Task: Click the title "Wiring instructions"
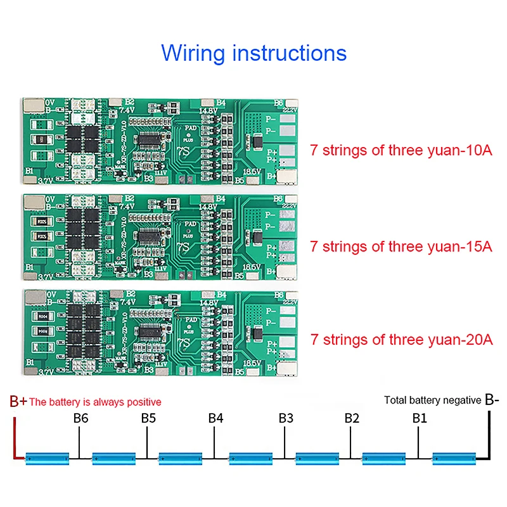pos(253,52)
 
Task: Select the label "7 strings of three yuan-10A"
pos(401,151)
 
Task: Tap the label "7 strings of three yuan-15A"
pos(401,246)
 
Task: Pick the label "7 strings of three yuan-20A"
pos(401,340)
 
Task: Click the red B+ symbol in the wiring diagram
pos(18,401)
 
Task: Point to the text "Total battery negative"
pos(433,400)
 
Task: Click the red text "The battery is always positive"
pos(96,402)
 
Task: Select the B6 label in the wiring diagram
pos(80,418)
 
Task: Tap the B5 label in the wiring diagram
pos(148,418)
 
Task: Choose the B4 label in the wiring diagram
pos(215,418)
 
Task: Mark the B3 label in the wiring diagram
pos(286,418)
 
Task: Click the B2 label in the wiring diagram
pos(352,418)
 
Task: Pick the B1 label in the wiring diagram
pos(420,418)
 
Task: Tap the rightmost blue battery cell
pos(453,457)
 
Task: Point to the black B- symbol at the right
pos(492,400)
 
